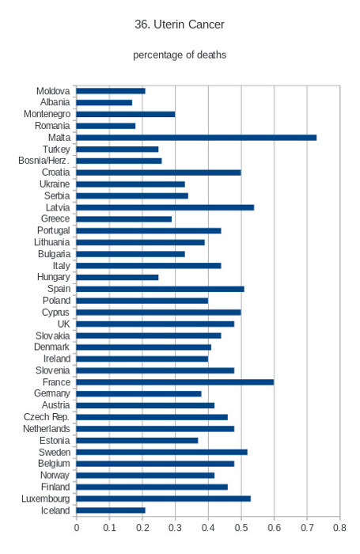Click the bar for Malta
(196, 138)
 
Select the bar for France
(175, 382)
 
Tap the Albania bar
(104, 102)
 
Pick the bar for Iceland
(111, 510)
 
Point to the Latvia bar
(165, 207)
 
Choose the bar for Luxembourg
(164, 499)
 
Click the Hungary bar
(117, 277)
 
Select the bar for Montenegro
(126, 114)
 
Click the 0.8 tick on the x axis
(339, 528)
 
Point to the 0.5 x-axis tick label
(241, 528)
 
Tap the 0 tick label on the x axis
(77, 528)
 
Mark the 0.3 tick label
(175, 528)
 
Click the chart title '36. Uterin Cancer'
(180, 25)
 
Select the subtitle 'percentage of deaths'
(180, 55)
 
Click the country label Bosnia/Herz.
(44, 161)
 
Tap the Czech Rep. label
(47, 417)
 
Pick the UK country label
(63, 324)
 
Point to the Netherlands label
(47, 429)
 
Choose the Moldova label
(53, 91)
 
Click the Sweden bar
(162, 452)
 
